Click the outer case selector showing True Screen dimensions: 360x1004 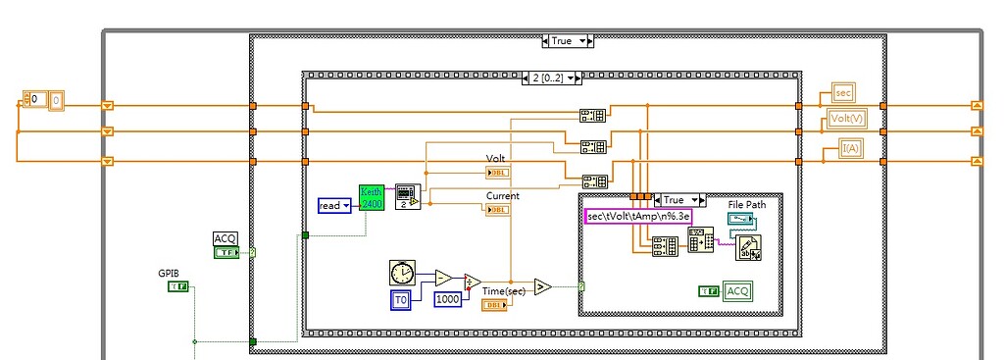[x=568, y=40]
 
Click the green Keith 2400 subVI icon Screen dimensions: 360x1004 [x=372, y=197]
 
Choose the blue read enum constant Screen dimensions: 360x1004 [x=334, y=205]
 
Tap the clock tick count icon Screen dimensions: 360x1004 [x=401, y=272]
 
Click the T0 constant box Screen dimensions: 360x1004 [x=400, y=298]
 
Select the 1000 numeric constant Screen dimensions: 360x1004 [x=448, y=298]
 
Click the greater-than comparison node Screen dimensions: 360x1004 [x=542, y=285]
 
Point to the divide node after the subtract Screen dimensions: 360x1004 [x=473, y=283]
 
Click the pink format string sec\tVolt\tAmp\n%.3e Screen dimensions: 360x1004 [x=638, y=216]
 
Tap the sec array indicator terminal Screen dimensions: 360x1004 [x=843, y=92]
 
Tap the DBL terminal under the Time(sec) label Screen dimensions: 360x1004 [x=494, y=305]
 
